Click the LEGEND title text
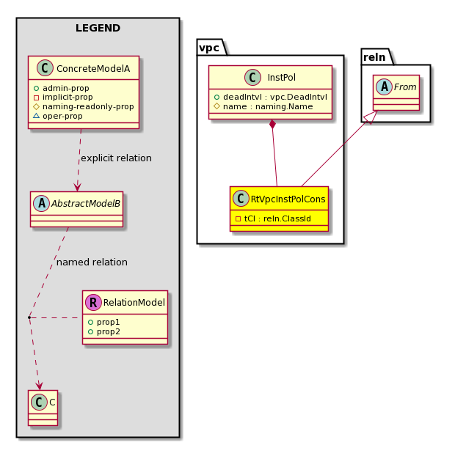pyautogui.click(x=98, y=28)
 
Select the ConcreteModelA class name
pyautogui.click(x=93, y=69)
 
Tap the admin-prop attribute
pyautogui.click(x=66, y=88)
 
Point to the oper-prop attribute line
pyautogui.click(x=62, y=116)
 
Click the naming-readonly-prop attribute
pyautogui.click(x=88, y=107)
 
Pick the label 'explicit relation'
pyautogui.click(x=116, y=158)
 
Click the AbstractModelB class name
pyautogui.click(x=86, y=204)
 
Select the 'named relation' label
pyautogui.click(x=92, y=262)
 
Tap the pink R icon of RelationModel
pyautogui.click(x=93, y=302)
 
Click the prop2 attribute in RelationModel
pyautogui.click(x=109, y=331)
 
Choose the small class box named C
pyautogui.click(x=43, y=408)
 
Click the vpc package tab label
pyautogui.click(x=209, y=48)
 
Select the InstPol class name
pyautogui.click(x=282, y=78)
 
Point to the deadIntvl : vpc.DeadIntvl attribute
pyautogui.click(x=275, y=97)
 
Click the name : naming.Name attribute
pyautogui.click(x=268, y=107)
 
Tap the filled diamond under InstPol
pyautogui.click(x=272, y=124)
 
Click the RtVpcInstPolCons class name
pyautogui.click(x=288, y=199)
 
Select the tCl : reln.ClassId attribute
pyautogui.click(x=277, y=218)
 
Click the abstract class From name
pyautogui.click(x=405, y=87)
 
